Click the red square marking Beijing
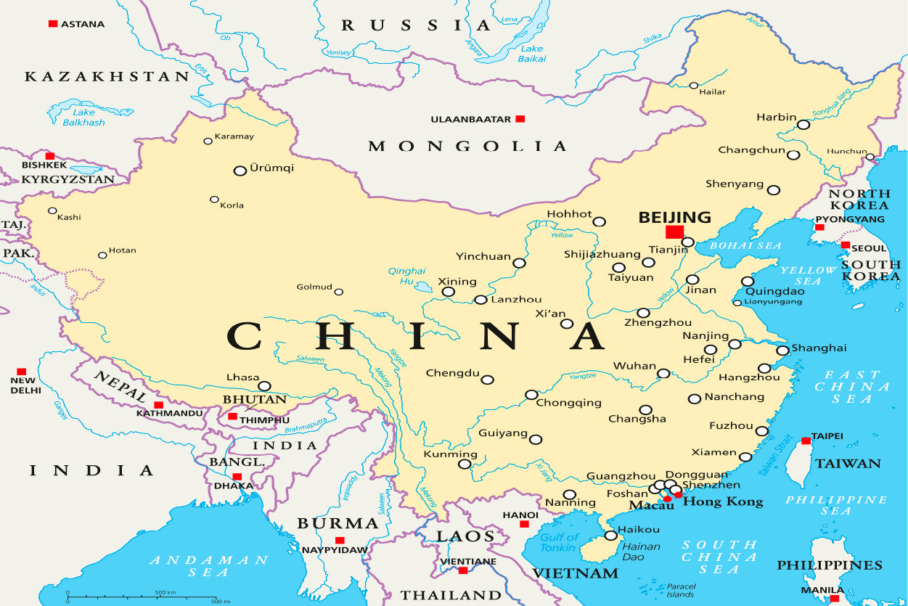coord(674,232)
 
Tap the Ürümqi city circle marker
coord(240,171)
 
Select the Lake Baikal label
coord(531,54)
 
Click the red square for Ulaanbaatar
coord(520,118)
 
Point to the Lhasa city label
coord(242,378)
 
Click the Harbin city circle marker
coord(803,125)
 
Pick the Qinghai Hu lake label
coord(401,275)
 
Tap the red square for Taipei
coord(806,441)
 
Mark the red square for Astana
coord(52,24)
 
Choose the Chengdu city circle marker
coord(487,380)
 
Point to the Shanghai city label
coord(819,348)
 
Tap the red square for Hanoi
coord(524,524)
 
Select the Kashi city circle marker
coord(52,210)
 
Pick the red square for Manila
coord(835,599)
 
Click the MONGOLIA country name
coord(467,147)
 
